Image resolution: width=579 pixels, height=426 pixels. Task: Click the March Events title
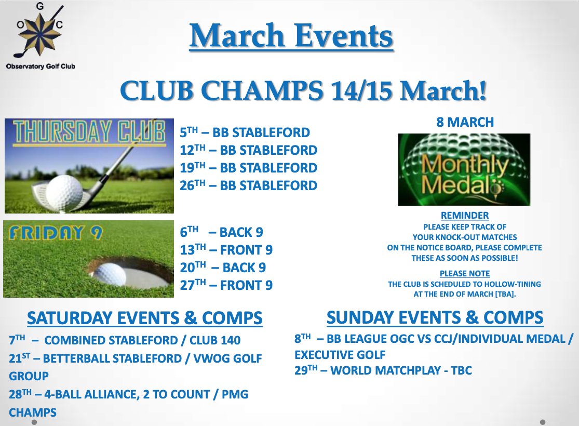pyautogui.click(x=291, y=37)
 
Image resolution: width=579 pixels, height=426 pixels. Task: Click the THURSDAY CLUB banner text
pyautogui.click(x=88, y=133)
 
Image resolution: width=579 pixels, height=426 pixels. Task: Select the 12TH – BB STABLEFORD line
pyautogui.click(x=248, y=150)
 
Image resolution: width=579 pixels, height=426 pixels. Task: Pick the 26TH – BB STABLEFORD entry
pyautogui.click(x=248, y=185)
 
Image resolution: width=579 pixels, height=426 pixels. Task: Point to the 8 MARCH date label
pyautogui.click(x=464, y=122)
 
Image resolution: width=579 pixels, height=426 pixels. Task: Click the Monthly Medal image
pyautogui.click(x=464, y=169)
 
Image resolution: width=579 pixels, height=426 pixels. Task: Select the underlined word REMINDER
pyautogui.click(x=464, y=216)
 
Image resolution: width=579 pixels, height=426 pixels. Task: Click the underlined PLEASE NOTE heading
pyautogui.click(x=464, y=273)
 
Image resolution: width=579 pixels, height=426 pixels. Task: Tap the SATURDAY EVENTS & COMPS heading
pyautogui.click(x=145, y=317)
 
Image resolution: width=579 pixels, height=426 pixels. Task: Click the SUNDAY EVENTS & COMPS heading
pyautogui.click(x=435, y=317)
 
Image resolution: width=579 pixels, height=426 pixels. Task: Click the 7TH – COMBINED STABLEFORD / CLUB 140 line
pyautogui.click(x=125, y=341)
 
